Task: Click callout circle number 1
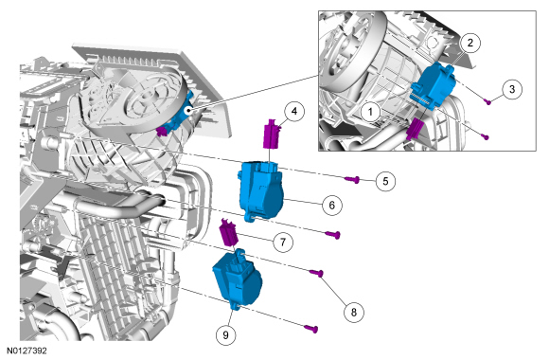(x=371, y=112)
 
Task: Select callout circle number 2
(x=469, y=43)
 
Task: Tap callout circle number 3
(x=512, y=89)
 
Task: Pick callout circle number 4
(x=294, y=112)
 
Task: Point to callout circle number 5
(x=385, y=181)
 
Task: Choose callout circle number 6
(x=332, y=205)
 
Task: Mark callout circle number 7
(x=283, y=242)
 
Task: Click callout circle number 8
(x=354, y=312)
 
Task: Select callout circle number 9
(x=225, y=335)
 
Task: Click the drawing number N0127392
(x=27, y=351)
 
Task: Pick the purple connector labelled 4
(x=272, y=134)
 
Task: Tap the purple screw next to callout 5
(x=352, y=180)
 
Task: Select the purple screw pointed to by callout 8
(x=316, y=273)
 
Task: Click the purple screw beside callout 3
(x=487, y=101)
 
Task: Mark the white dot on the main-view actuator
(x=188, y=111)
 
